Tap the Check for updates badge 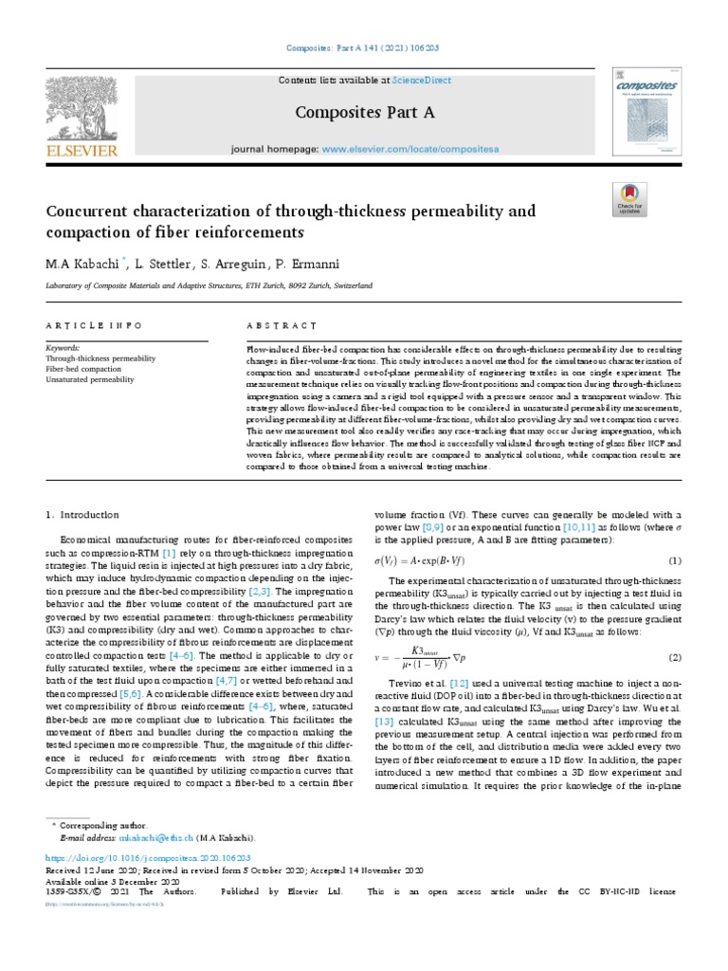(626, 201)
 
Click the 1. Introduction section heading (82, 515)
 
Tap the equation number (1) (676, 560)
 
